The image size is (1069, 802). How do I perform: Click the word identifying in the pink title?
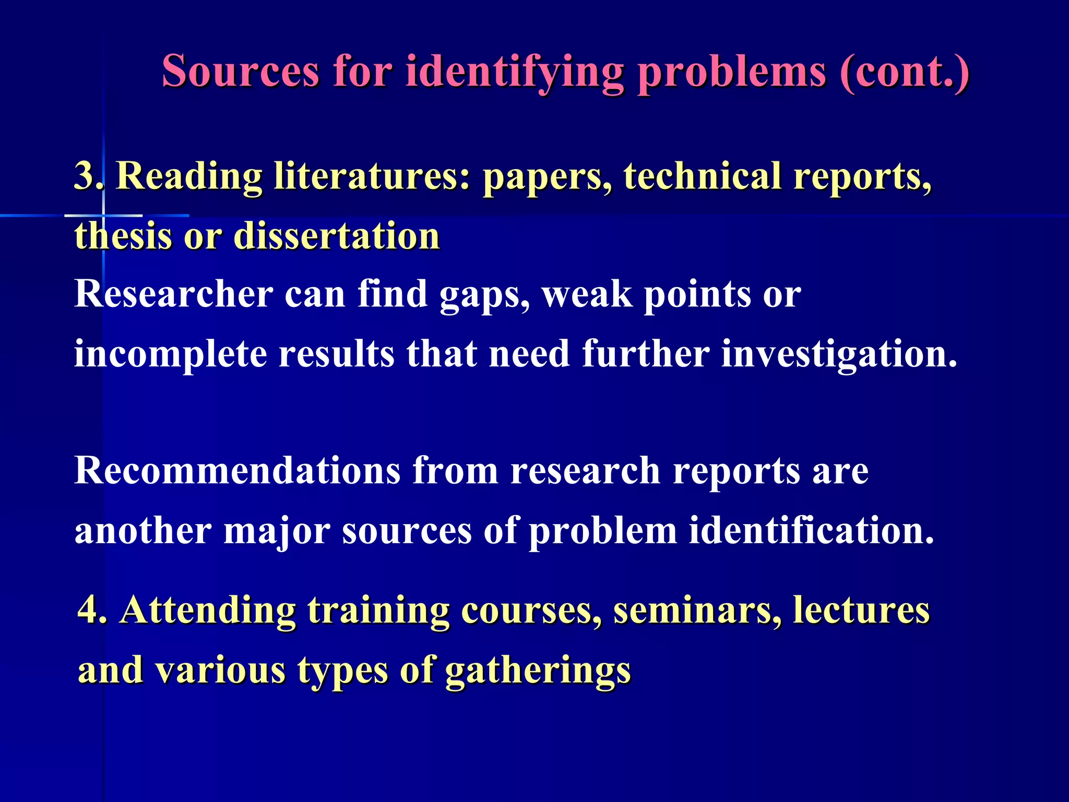click(514, 72)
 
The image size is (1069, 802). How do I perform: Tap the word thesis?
click(123, 236)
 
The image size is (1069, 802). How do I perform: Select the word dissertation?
click(337, 236)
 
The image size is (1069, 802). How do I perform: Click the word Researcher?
click(173, 294)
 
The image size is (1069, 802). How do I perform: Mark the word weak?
click(587, 294)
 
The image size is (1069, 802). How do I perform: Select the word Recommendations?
click(237, 470)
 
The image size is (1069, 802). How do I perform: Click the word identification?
click(811, 530)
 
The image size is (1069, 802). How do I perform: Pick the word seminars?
click(697, 610)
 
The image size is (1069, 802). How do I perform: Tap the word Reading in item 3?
click(188, 175)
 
